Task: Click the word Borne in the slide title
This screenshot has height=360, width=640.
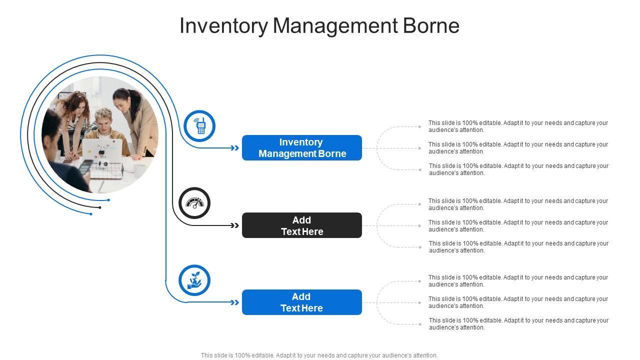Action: pyautogui.click(x=431, y=26)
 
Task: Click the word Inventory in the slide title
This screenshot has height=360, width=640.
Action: pyautogui.click(x=223, y=26)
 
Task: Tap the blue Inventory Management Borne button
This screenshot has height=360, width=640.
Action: pyautogui.click(x=302, y=148)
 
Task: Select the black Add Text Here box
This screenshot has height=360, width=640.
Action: pyautogui.click(x=302, y=225)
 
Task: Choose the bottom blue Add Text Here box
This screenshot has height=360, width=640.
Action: pyautogui.click(x=302, y=302)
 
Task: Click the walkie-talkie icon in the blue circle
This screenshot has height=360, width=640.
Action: pyautogui.click(x=200, y=126)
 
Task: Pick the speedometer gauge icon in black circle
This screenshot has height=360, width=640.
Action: pyautogui.click(x=194, y=203)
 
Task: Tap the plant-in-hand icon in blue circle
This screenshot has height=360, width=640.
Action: pyautogui.click(x=194, y=280)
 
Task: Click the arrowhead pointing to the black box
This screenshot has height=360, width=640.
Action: pyautogui.click(x=235, y=225)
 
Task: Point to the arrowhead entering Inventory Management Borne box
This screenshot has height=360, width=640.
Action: pyautogui.click(x=235, y=148)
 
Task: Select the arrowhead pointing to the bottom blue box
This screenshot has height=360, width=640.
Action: pyautogui.click(x=235, y=302)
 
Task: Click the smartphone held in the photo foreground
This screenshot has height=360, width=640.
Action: pyautogui.click(x=85, y=166)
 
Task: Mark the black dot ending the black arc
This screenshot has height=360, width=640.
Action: pyautogui.click(x=100, y=207)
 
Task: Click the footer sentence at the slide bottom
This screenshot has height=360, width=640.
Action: pyautogui.click(x=319, y=355)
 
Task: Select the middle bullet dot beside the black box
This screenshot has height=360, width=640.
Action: pyautogui.click(x=419, y=226)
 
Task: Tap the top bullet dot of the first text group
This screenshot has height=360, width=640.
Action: pyautogui.click(x=419, y=127)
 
